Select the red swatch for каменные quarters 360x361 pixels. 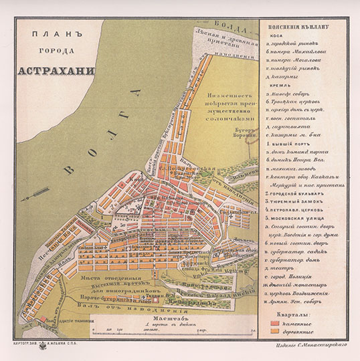click(272, 323)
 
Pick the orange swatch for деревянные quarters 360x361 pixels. click(272, 332)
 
